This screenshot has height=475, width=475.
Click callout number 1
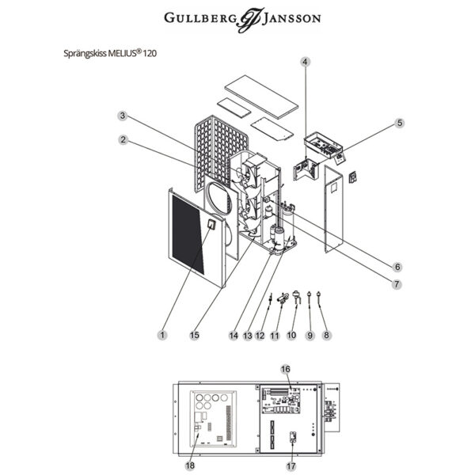click(162, 335)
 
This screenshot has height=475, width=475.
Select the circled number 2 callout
click(123, 139)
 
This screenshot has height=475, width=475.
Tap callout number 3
click(123, 116)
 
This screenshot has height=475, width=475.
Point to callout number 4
click(305, 61)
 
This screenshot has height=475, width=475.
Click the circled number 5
click(399, 123)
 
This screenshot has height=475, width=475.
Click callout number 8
click(327, 335)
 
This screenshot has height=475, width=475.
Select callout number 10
click(291, 335)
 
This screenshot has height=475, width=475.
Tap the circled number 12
click(260, 335)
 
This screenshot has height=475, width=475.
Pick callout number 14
click(233, 335)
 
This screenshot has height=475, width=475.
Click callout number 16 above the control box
click(287, 369)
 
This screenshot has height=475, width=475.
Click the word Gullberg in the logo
click(197, 18)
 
